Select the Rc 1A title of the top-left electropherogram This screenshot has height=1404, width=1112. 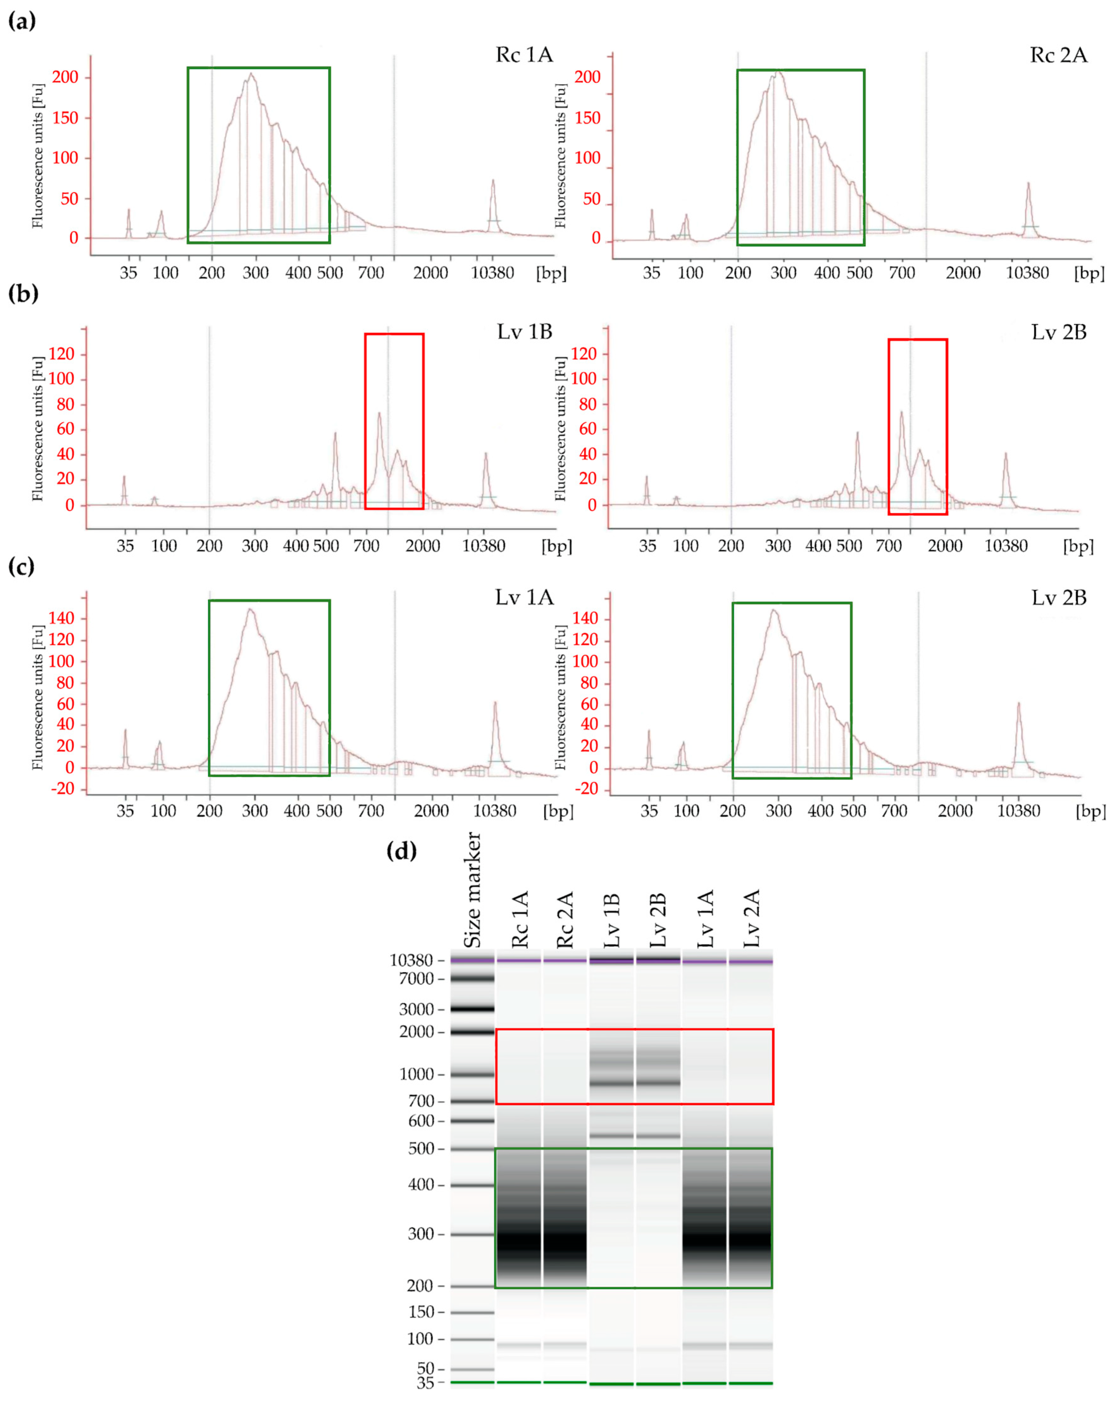[524, 55]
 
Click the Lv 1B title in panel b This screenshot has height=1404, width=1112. [524, 332]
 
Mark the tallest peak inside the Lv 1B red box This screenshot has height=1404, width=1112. [379, 414]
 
